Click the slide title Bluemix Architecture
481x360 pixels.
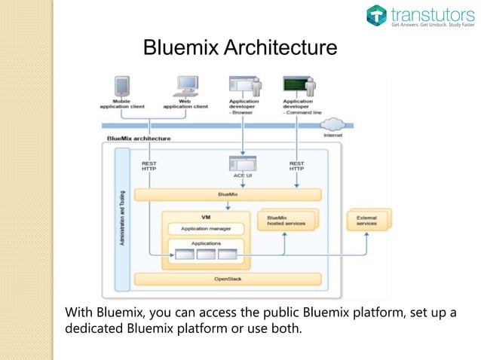[x=240, y=49]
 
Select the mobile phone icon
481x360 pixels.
[x=121, y=84]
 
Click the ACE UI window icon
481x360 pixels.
[x=243, y=163]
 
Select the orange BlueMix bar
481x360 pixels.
[x=227, y=194]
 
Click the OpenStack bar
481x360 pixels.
[x=227, y=278]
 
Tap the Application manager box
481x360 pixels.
[x=205, y=228]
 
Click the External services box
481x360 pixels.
[x=367, y=220]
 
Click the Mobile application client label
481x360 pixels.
[x=121, y=103]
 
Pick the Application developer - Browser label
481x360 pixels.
[x=244, y=106]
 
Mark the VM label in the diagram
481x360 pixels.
[x=205, y=216]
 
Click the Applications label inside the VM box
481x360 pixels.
[x=205, y=243]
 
